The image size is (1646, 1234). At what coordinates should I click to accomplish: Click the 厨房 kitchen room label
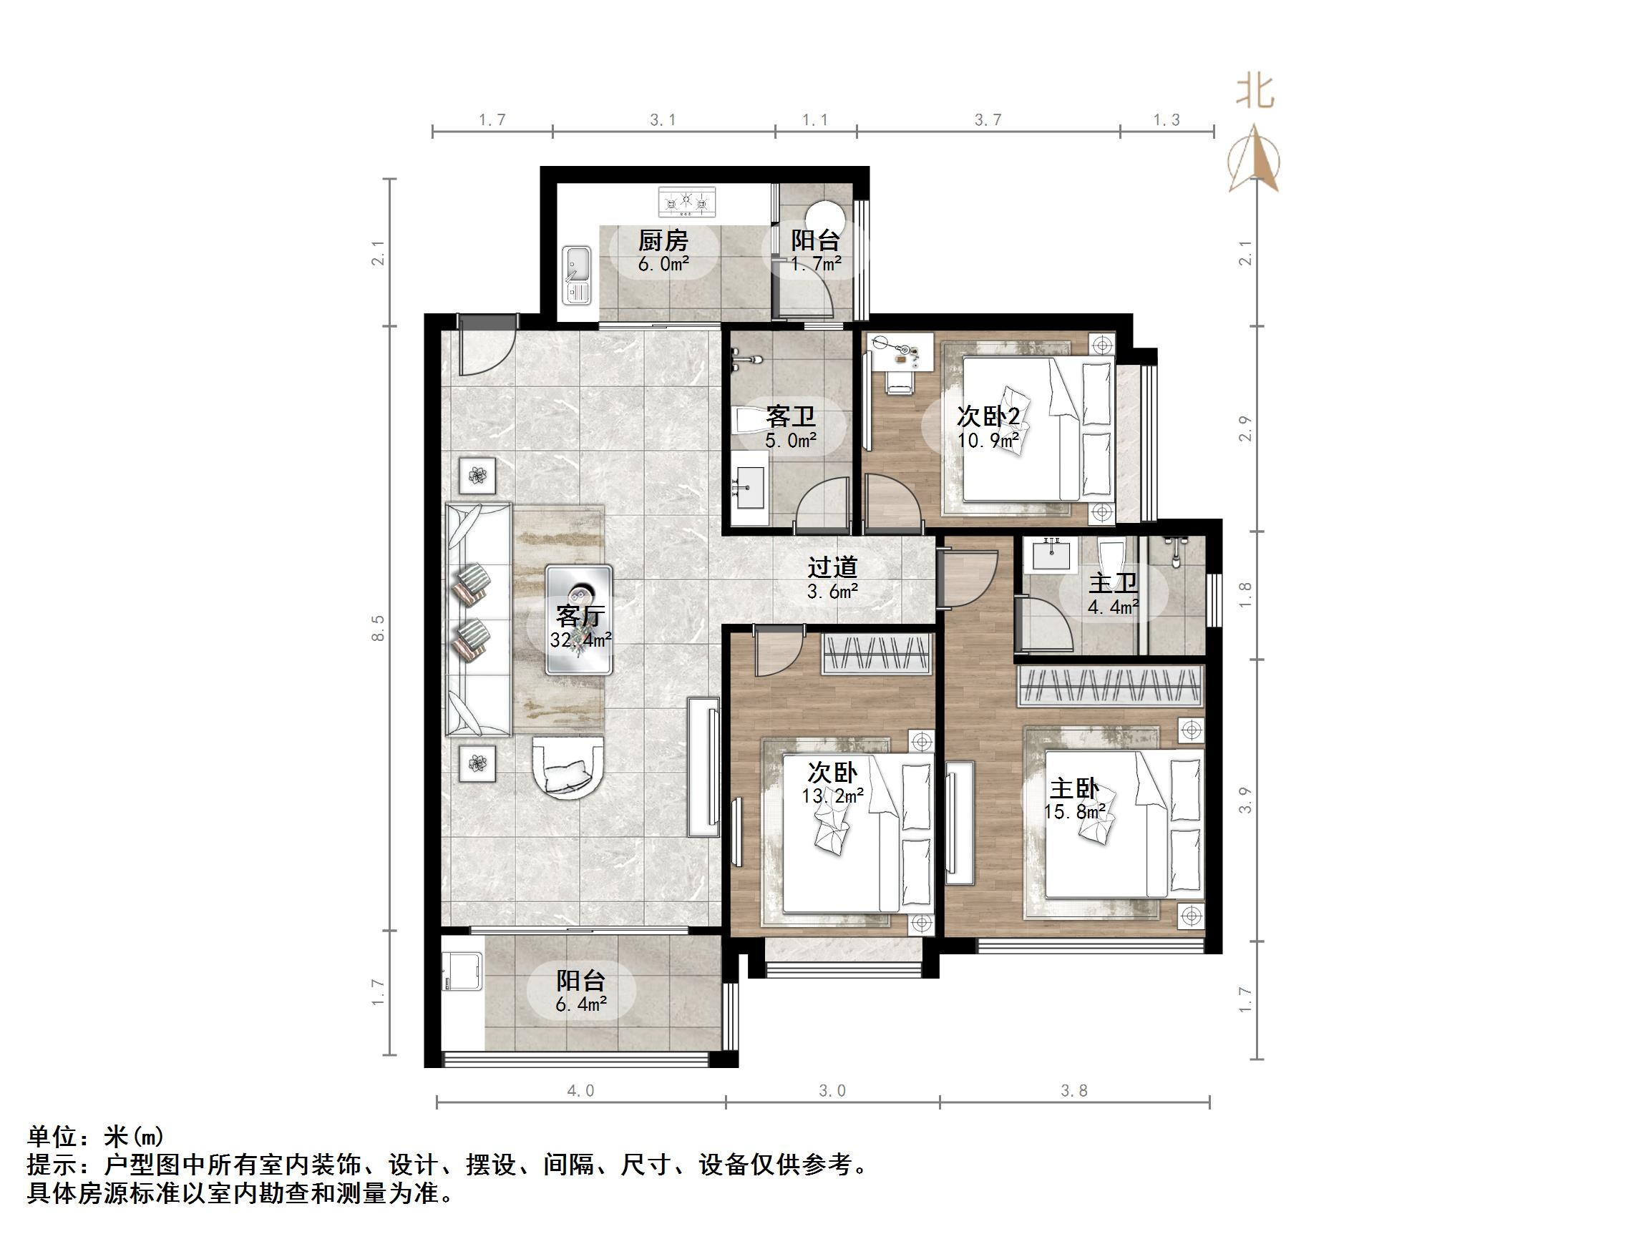(x=663, y=240)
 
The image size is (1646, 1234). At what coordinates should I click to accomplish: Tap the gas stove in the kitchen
(x=688, y=202)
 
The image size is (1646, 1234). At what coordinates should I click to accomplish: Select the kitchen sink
(x=577, y=275)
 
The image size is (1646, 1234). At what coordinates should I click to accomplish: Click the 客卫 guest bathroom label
(x=790, y=416)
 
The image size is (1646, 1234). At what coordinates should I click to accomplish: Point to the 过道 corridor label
(x=833, y=567)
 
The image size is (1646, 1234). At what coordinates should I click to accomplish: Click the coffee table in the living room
(x=579, y=620)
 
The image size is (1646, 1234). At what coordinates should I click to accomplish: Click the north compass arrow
(x=1256, y=160)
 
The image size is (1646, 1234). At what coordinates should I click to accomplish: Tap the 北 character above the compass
(x=1256, y=93)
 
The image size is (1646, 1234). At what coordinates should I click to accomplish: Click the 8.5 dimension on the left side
(x=379, y=627)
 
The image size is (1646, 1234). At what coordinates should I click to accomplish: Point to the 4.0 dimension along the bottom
(x=580, y=1090)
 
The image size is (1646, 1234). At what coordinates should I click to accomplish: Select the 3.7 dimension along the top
(x=988, y=119)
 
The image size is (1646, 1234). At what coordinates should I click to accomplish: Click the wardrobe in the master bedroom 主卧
(x=1109, y=685)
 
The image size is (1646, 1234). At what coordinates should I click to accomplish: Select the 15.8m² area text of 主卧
(x=1073, y=811)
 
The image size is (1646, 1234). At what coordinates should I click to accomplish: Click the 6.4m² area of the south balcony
(x=581, y=1004)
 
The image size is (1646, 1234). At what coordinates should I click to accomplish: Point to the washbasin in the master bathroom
(x=1051, y=556)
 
